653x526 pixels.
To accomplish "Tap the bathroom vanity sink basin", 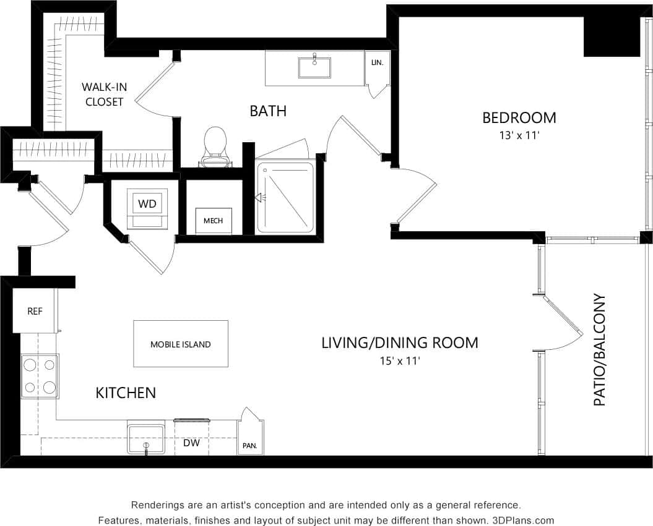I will [314, 67].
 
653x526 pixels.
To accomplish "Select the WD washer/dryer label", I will [147, 203].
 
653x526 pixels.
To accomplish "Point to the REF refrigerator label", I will [35, 311].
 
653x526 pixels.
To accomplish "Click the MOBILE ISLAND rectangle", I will [181, 344].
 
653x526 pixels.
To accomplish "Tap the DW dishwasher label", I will [191, 443].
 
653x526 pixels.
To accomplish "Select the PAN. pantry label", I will [250, 445].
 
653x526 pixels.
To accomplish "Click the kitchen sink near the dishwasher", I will [146, 438].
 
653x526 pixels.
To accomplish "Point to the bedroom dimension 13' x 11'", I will [519, 135].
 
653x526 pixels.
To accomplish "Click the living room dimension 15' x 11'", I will [400, 360].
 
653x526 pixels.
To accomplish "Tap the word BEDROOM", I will [519, 117].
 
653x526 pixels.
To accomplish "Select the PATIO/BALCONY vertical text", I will [599, 350].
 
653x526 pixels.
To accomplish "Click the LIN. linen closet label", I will [377, 62].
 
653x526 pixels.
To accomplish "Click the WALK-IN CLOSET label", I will [104, 95].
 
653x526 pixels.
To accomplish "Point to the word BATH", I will [268, 111].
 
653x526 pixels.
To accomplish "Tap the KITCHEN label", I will [126, 392].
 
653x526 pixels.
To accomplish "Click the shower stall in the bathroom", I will [286, 197].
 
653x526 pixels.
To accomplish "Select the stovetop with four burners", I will [40, 376].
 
